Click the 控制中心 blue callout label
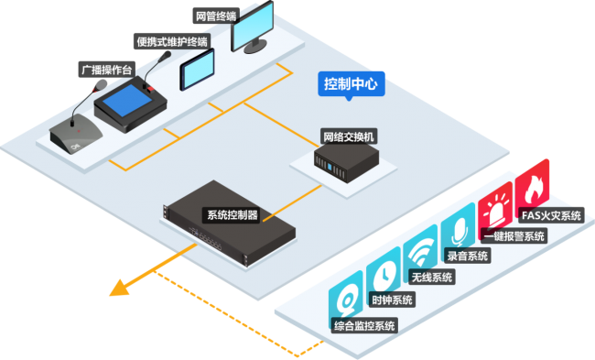[351, 84]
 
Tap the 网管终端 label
[216, 16]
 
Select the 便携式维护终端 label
[172, 41]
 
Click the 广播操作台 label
[106, 70]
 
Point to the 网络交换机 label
[349, 136]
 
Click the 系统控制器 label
[233, 215]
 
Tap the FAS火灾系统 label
[551, 215]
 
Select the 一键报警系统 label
[514, 235]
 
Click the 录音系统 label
[467, 256]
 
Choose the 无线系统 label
[432, 278]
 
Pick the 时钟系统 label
[392, 300]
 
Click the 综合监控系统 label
[364, 325]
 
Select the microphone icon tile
[459, 230]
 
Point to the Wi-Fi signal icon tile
[420, 252]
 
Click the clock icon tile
[384, 274]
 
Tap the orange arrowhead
[120, 289]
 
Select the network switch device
[346, 162]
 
